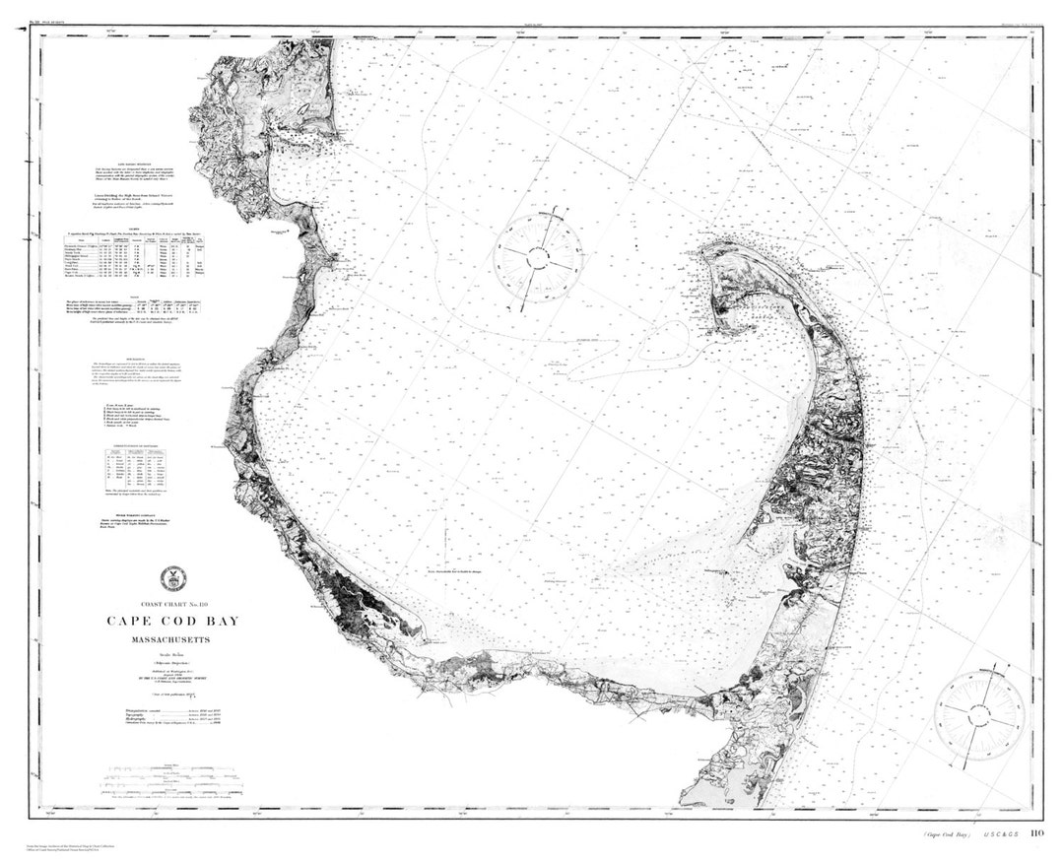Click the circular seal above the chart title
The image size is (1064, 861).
click(x=172, y=579)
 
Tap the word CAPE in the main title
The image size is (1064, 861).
click(x=129, y=622)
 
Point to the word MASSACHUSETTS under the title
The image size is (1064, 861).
click(x=172, y=641)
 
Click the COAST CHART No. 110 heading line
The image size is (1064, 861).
click(x=172, y=603)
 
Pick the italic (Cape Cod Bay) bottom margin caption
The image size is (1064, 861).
click(x=947, y=835)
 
